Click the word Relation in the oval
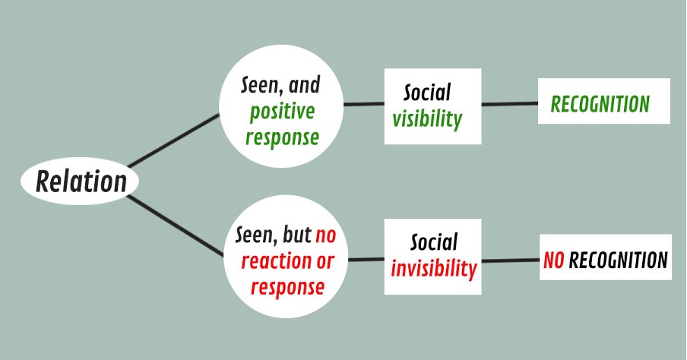(81, 181)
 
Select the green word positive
(282, 111)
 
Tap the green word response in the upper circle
(282, 137)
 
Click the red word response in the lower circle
(287, 287)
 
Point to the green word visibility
(427, 118)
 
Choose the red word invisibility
(434, 268)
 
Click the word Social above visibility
(427, 93)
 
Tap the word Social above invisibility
(434, 242)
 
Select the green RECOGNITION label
(600, 104)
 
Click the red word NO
(553, 260)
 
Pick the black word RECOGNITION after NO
(618, 260)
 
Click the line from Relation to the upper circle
(173, 141)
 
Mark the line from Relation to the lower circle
(176, 225)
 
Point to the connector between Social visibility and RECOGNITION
(510, 104)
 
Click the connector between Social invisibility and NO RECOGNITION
(511, 261)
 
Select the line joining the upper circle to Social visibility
(364, 104)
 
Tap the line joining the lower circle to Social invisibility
(366, 260)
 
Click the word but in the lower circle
(297, 235)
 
